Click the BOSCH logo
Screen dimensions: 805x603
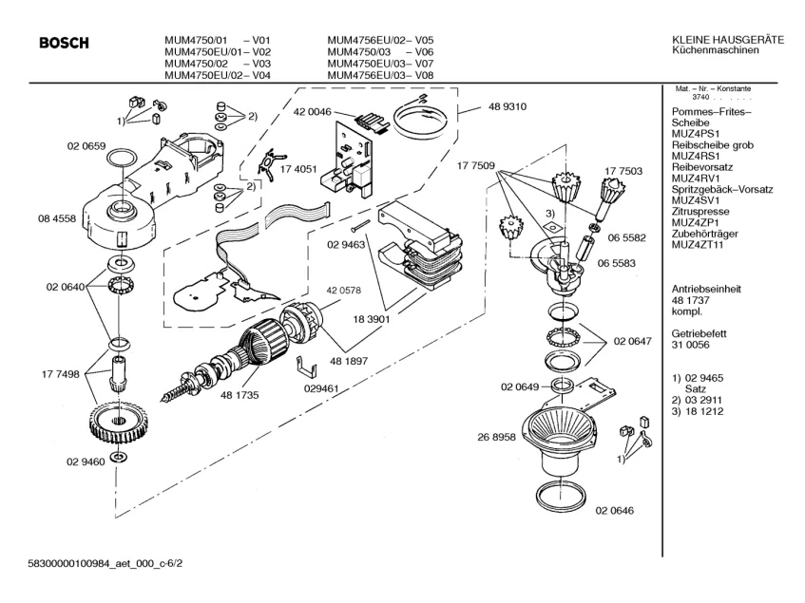[x=65, y=43]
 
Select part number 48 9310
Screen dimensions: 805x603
[x=508, y=106]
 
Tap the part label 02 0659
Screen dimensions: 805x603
[x=86, y=146]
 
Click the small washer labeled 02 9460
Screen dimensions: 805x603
[x=120, y=457]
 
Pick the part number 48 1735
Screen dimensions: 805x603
[x=240, y=395]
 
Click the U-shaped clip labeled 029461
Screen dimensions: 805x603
[x=306, y=367]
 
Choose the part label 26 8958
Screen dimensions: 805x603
[x=496, y=438]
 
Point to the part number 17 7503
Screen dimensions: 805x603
[x=623, y=171]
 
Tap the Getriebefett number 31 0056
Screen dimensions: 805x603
[x=691, y=345]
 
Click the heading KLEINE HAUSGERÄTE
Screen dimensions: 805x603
[x=728, y=40]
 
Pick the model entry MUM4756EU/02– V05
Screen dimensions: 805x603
[x=380, y=40]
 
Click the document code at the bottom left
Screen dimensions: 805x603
[x=105, y=563]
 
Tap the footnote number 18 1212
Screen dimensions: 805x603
[x=704, y=411]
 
